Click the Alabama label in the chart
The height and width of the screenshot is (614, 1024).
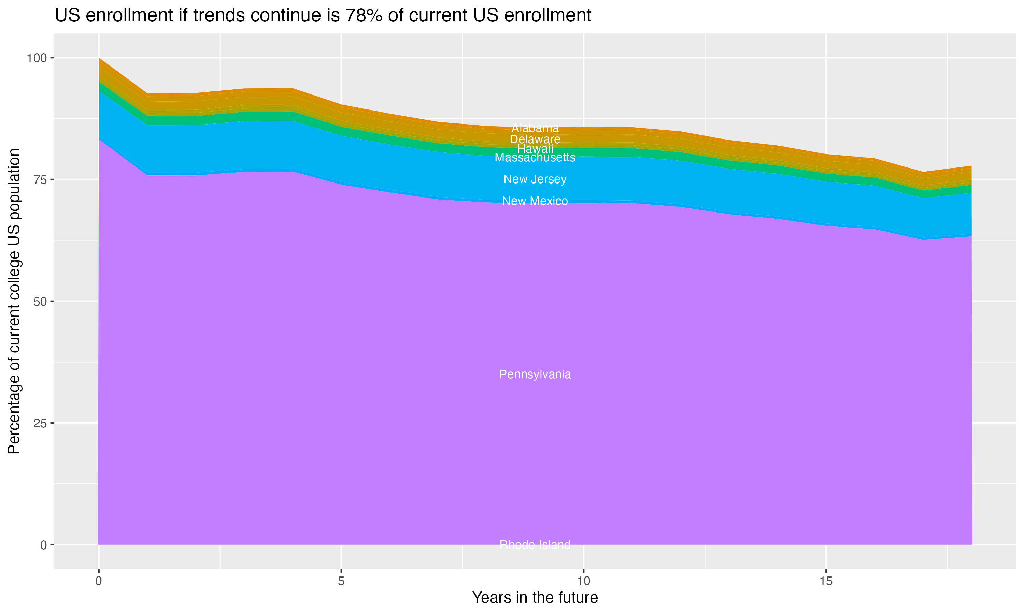535,128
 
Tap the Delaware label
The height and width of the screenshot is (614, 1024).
535,140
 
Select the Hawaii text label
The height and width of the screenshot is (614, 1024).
535,148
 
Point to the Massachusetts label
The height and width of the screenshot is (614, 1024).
535,158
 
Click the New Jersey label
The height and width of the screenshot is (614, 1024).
535,179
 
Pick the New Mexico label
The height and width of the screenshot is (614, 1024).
535,201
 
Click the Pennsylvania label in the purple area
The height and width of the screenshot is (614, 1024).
535,375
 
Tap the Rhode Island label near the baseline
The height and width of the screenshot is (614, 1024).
535,545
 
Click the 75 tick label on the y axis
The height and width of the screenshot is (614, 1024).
40,179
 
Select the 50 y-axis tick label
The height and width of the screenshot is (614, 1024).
40,302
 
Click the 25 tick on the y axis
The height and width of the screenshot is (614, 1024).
40,423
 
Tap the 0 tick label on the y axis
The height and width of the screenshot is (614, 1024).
43,545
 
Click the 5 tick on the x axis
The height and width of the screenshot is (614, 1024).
341,581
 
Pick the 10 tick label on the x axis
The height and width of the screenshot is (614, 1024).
583,581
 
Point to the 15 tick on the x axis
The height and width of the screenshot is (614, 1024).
826,581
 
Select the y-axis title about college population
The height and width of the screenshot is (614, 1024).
14,301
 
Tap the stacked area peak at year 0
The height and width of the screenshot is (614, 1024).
99,59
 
